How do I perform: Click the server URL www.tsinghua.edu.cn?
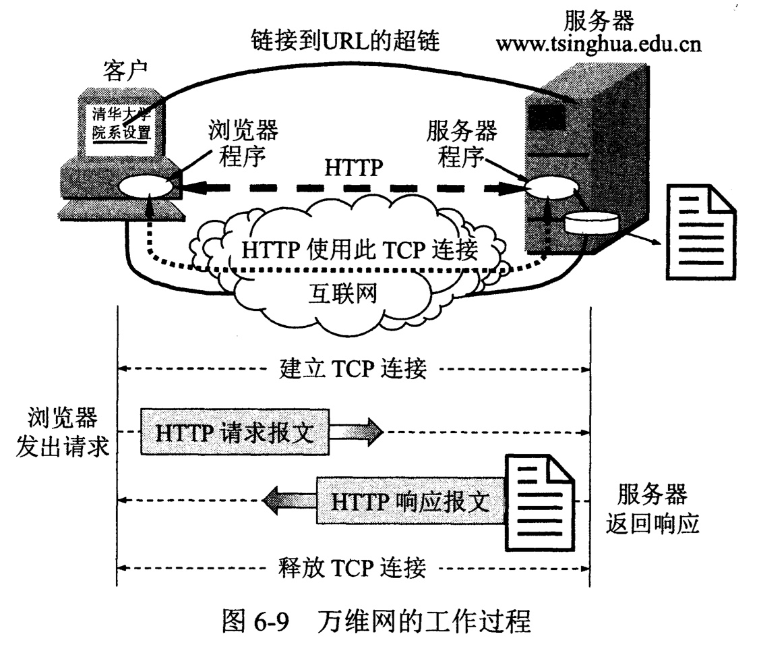coord(599,45)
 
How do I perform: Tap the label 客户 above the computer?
coord(125,69)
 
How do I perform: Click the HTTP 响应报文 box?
coord(411,501)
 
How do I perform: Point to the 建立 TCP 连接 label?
coord(352,369)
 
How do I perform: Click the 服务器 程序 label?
coord(461,144)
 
